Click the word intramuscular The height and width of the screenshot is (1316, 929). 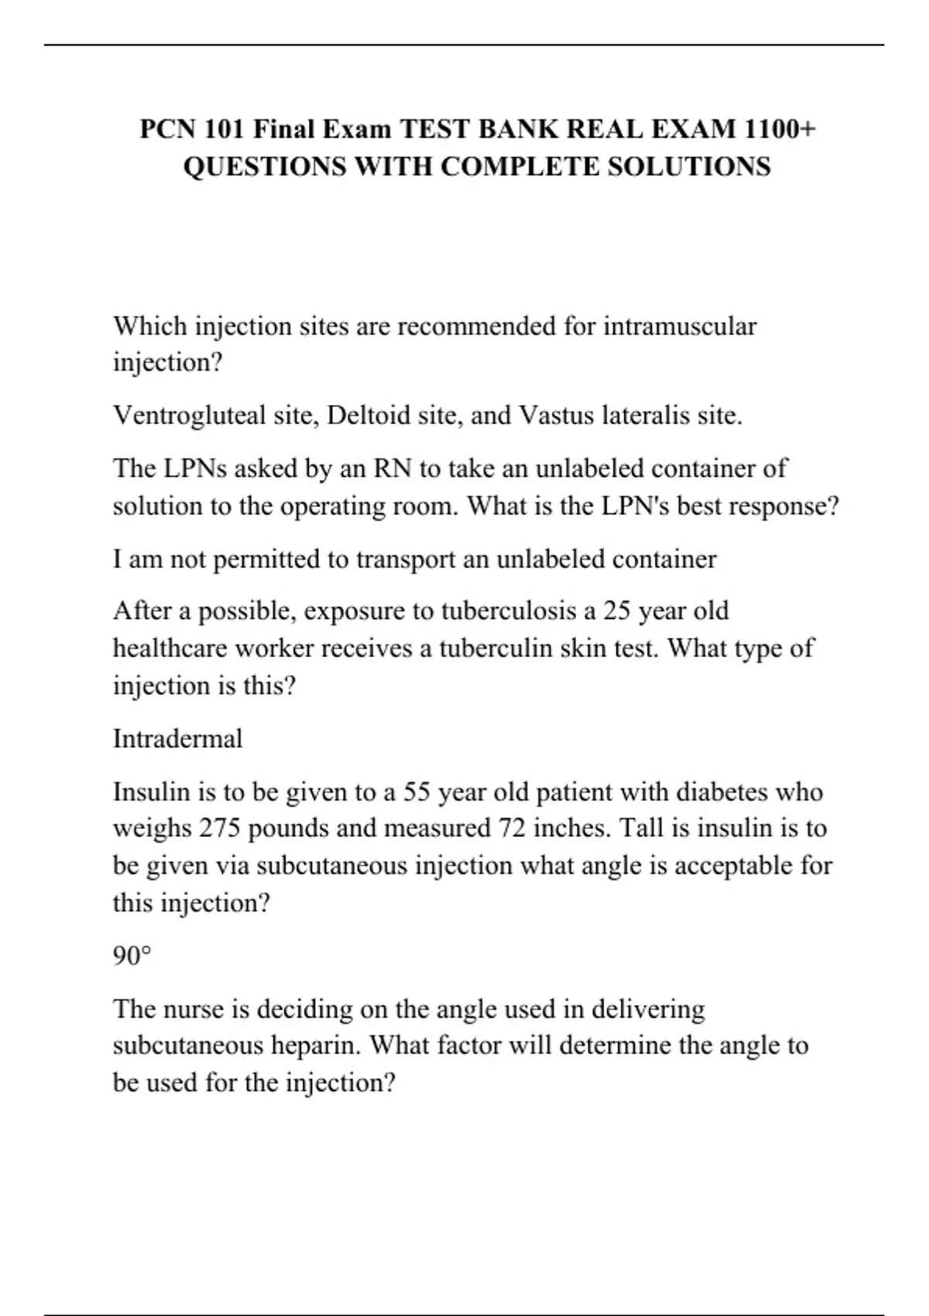point(679,327)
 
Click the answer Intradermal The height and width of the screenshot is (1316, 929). point(177,739)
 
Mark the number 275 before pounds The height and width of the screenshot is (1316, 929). point(219,828)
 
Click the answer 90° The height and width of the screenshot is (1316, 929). point(131,957)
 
